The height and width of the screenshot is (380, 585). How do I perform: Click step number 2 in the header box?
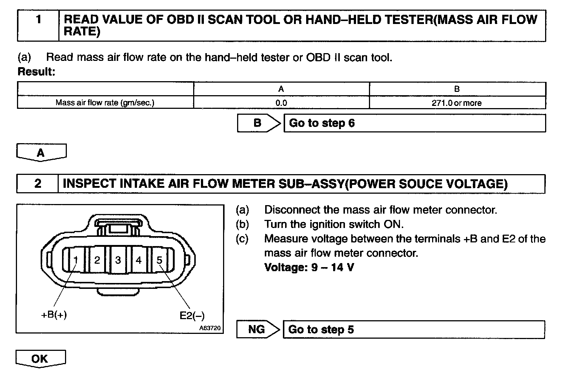38,184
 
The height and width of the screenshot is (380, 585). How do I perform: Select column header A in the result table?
281,89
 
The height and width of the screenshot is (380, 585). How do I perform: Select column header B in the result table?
457,89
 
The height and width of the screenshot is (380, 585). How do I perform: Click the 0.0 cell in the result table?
281,103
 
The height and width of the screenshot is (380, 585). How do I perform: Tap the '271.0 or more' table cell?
457,103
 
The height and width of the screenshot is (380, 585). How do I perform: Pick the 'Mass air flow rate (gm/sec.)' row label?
105,103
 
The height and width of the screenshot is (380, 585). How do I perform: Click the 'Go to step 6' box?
414,123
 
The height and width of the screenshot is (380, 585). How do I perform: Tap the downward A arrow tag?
41,152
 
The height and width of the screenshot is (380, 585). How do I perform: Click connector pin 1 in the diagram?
76,260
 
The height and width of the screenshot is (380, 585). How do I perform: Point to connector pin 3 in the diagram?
118,260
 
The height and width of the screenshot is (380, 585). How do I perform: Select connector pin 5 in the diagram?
160,260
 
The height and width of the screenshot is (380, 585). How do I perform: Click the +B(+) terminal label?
54,315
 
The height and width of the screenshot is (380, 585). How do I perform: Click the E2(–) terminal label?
192,316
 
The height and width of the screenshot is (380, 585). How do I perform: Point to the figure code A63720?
210,328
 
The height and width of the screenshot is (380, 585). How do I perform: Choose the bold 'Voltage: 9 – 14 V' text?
309,267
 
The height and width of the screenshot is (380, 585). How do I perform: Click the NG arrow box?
257,329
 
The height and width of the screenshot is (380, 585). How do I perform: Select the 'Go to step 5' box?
414,329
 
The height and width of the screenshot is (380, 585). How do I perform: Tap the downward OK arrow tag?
40,359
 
